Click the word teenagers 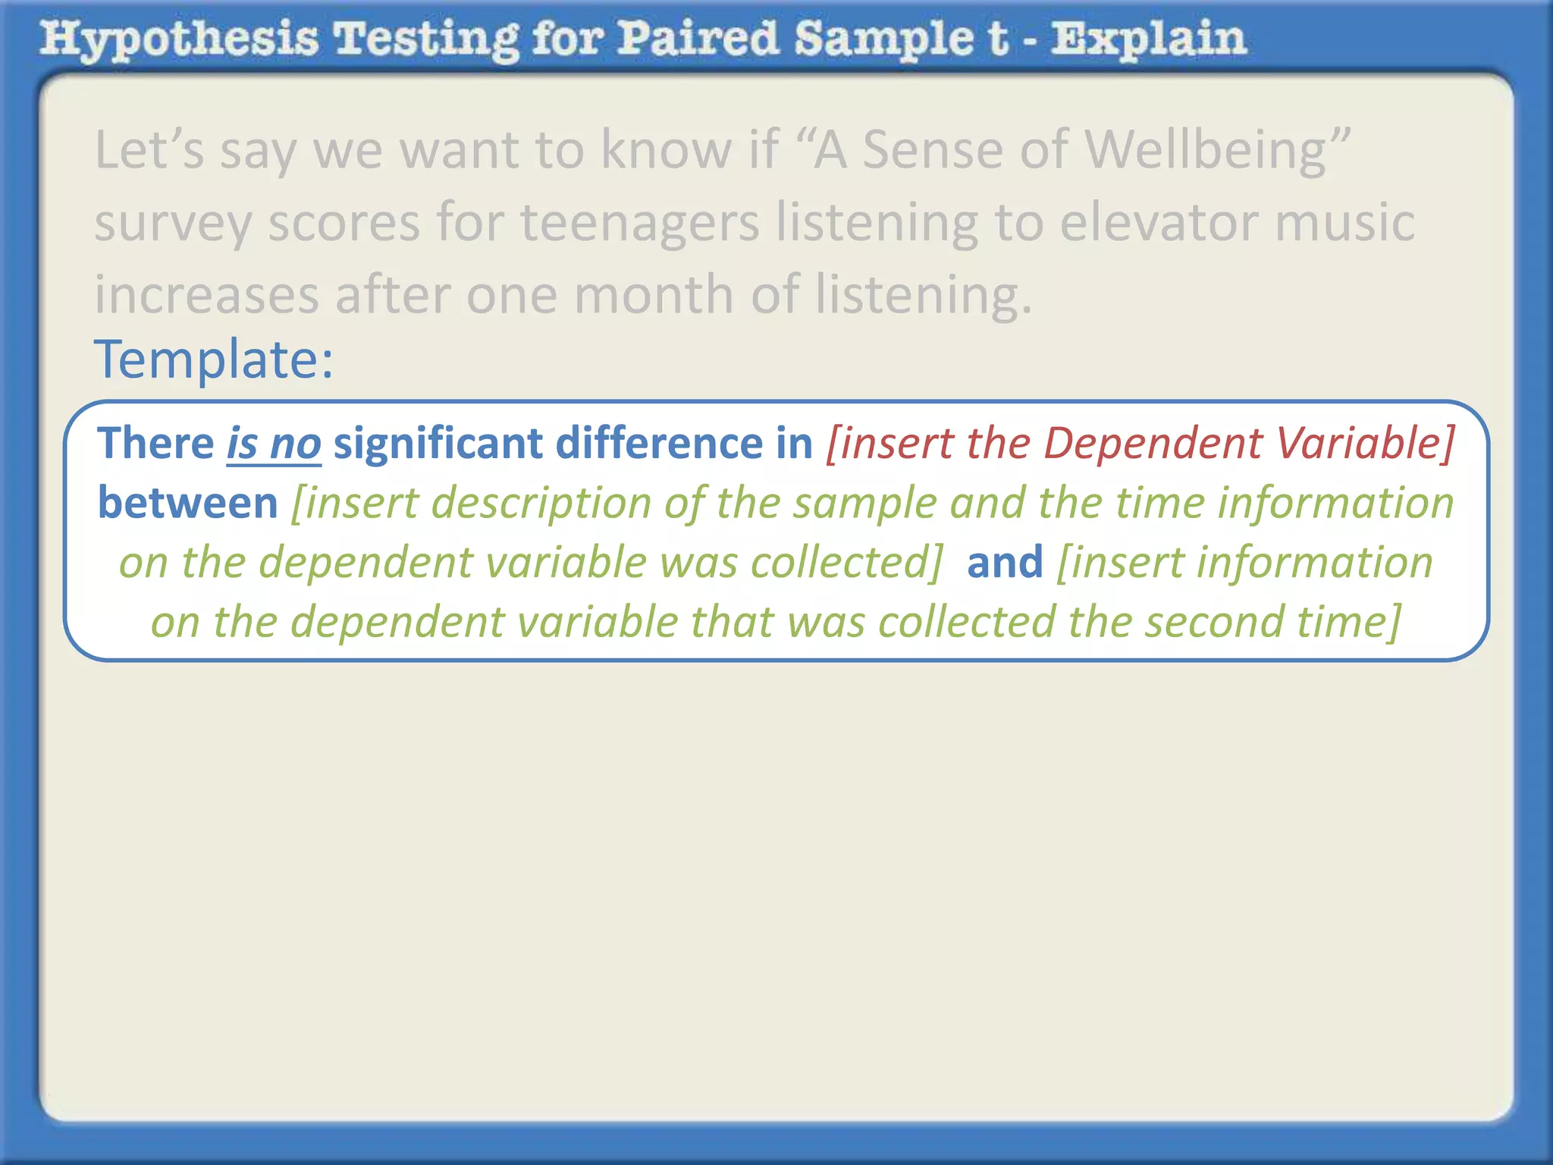click(639, 222)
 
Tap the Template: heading click(213, 359)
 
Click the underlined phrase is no click(274, 443)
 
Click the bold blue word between click(188, 503)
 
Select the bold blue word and click(1005, 562)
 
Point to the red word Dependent click(1153, 443)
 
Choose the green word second click(1213, 622)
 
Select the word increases click(206, 294)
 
